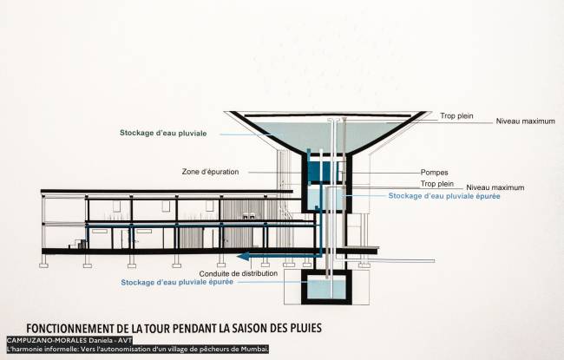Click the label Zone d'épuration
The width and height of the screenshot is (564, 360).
[x=211, y=172]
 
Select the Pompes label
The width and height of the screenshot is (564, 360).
[x=435, y=173]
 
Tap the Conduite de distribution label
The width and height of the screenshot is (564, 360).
[x=239, y=273]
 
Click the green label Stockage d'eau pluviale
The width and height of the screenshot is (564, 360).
[x=163, y=133]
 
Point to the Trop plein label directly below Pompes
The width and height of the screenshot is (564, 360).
[x=437, y=184]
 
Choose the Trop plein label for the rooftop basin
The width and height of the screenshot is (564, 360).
[x=456, y=116]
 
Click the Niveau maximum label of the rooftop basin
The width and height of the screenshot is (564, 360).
[x=526, y=121]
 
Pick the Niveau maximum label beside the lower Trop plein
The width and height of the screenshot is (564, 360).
[x=495, y=187]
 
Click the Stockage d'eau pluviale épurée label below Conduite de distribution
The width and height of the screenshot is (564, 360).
[x=177, y=282]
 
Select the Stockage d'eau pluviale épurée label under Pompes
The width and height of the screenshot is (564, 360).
[x=444, y=196]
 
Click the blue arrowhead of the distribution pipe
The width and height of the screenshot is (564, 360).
[x=243, y=256]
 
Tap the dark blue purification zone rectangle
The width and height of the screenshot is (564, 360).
[x=324, y=172]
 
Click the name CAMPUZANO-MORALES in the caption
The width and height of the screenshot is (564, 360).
[x=47, y=340]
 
